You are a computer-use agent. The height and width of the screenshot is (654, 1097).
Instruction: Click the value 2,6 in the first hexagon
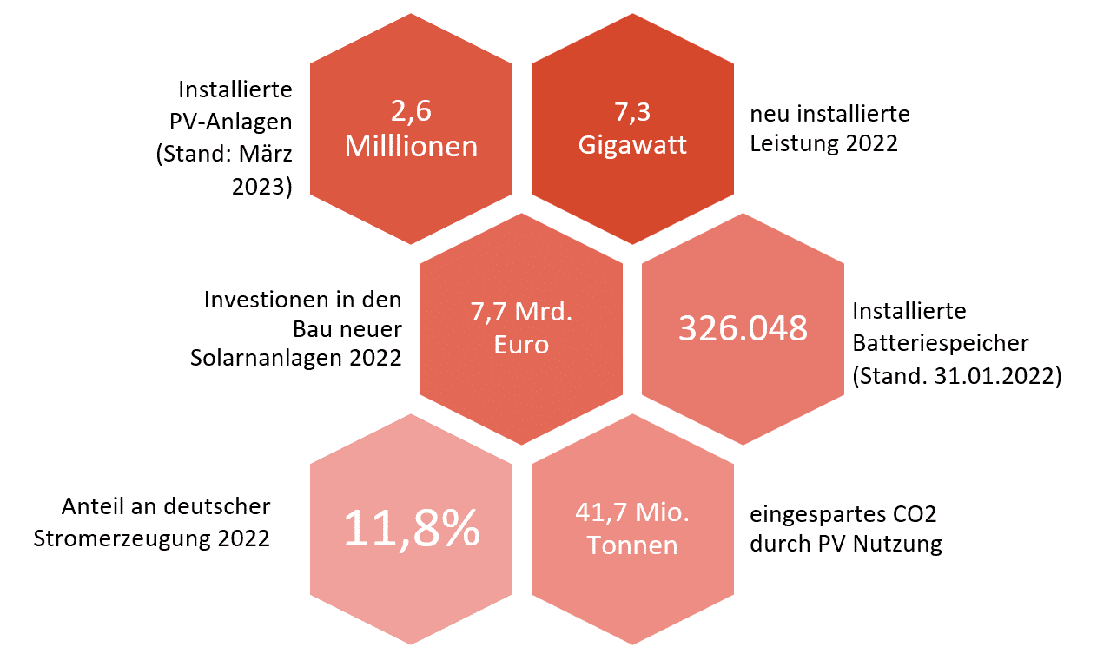click(x=411, y=112)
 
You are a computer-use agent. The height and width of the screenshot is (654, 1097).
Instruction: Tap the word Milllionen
click(x=411, y=146)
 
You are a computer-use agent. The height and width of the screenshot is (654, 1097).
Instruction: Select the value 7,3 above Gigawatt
click(x=631, y=112)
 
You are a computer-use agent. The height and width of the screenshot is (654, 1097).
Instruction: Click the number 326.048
click(x=743, y=328)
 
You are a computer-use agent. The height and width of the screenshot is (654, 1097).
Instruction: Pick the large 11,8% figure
click(x=412, y=527)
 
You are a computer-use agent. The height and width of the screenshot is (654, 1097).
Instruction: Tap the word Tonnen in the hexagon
click(x=631, y=545)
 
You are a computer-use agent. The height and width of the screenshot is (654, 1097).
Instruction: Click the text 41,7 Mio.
click(x=631, y=512)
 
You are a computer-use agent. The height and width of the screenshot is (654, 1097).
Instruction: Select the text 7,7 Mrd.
click(x=521, y=312)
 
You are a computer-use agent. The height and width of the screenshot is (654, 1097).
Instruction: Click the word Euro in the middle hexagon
click(x=521, y=344)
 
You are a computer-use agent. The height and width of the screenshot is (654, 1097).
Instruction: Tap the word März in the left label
click(x=268, y=155)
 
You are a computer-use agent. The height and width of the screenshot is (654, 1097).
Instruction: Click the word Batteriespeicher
click(x=941, y=342)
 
